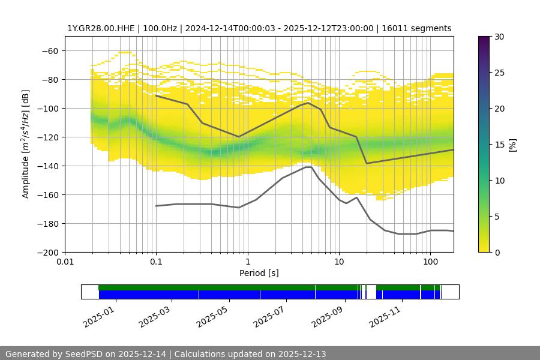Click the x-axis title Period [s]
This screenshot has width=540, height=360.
(x=259, y=273)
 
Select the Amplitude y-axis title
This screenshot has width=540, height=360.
(x=26, y=144)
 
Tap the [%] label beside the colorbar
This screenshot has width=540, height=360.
(x=512, y=145)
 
